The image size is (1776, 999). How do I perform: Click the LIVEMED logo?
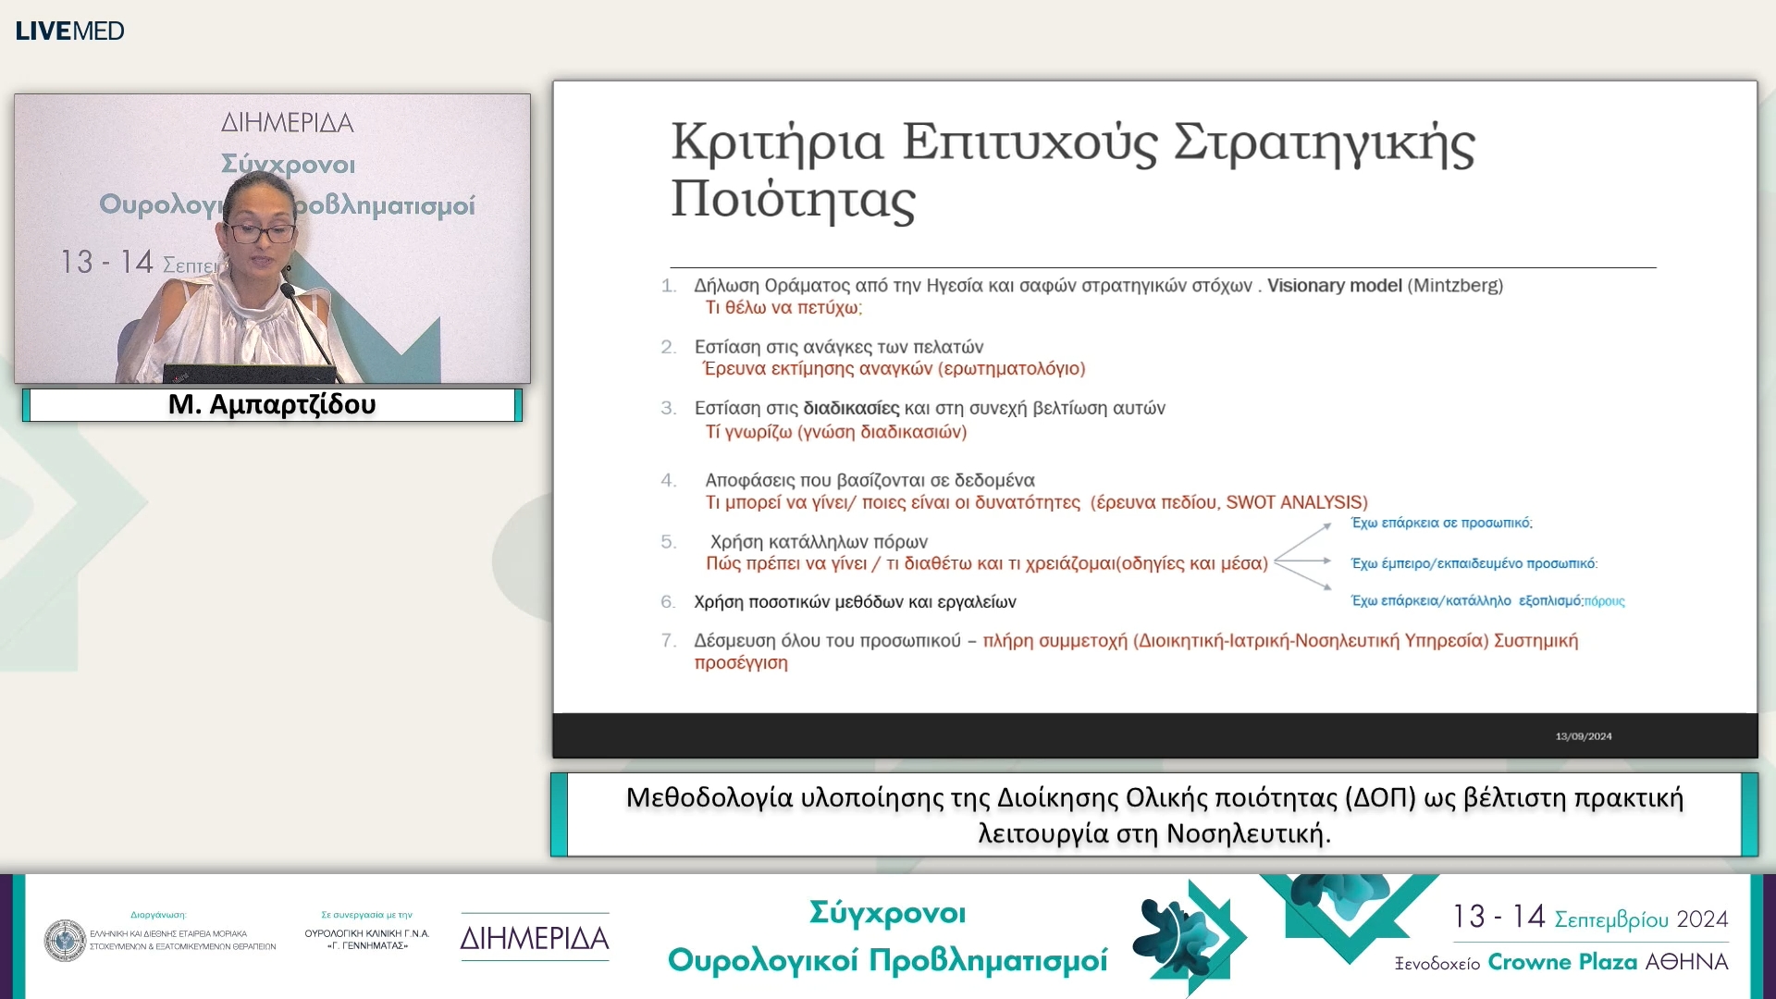pos(69,31)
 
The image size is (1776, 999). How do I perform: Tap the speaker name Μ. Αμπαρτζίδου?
pos(272,405)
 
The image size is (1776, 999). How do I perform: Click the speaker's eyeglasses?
pos(259,231)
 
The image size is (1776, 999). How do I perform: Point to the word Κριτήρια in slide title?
pos(777,143)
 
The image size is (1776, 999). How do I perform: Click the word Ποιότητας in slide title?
pos(793,200)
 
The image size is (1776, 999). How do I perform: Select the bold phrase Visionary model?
pos(1334,286)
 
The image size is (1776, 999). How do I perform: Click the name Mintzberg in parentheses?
pos(1455,286)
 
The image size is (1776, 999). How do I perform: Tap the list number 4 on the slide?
pos(668,480)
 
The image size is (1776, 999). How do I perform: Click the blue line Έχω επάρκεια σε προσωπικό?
pos(1441,524)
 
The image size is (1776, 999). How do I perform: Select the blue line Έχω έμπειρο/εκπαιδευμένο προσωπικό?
pos(1474,563)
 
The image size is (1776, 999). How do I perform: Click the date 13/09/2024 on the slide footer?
pos(1583,736)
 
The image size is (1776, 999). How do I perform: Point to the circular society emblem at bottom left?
pos(65,940)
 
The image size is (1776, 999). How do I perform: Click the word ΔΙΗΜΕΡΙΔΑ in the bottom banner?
pos(535,939)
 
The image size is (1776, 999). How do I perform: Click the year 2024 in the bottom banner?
pos(1702,919)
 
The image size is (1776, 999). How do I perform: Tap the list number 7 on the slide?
pos(668,640)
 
